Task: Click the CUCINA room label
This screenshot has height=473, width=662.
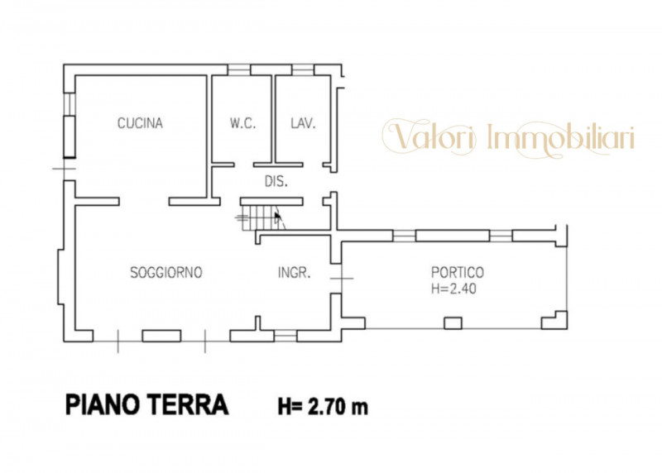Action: (140, 122)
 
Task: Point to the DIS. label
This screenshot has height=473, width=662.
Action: (276, 181)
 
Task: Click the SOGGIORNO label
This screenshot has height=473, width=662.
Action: (166, 273)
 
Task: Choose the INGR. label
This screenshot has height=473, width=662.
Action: (295, 273)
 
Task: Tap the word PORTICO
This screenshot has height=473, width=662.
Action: (458, 272)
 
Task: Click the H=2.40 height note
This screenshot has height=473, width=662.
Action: (453, 289)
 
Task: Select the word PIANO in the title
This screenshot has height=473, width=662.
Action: (103, 404)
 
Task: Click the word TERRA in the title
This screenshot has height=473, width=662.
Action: (188, 404)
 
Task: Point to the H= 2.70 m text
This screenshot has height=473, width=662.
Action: (323, 407)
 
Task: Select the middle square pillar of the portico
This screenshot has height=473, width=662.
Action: (453, 323)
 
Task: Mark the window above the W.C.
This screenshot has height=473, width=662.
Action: (239, 69)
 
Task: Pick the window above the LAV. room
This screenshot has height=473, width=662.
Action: (303, 69)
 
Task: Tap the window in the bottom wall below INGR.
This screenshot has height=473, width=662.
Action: (285, 336)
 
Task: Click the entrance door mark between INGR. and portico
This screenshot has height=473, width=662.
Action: (341, 279)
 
